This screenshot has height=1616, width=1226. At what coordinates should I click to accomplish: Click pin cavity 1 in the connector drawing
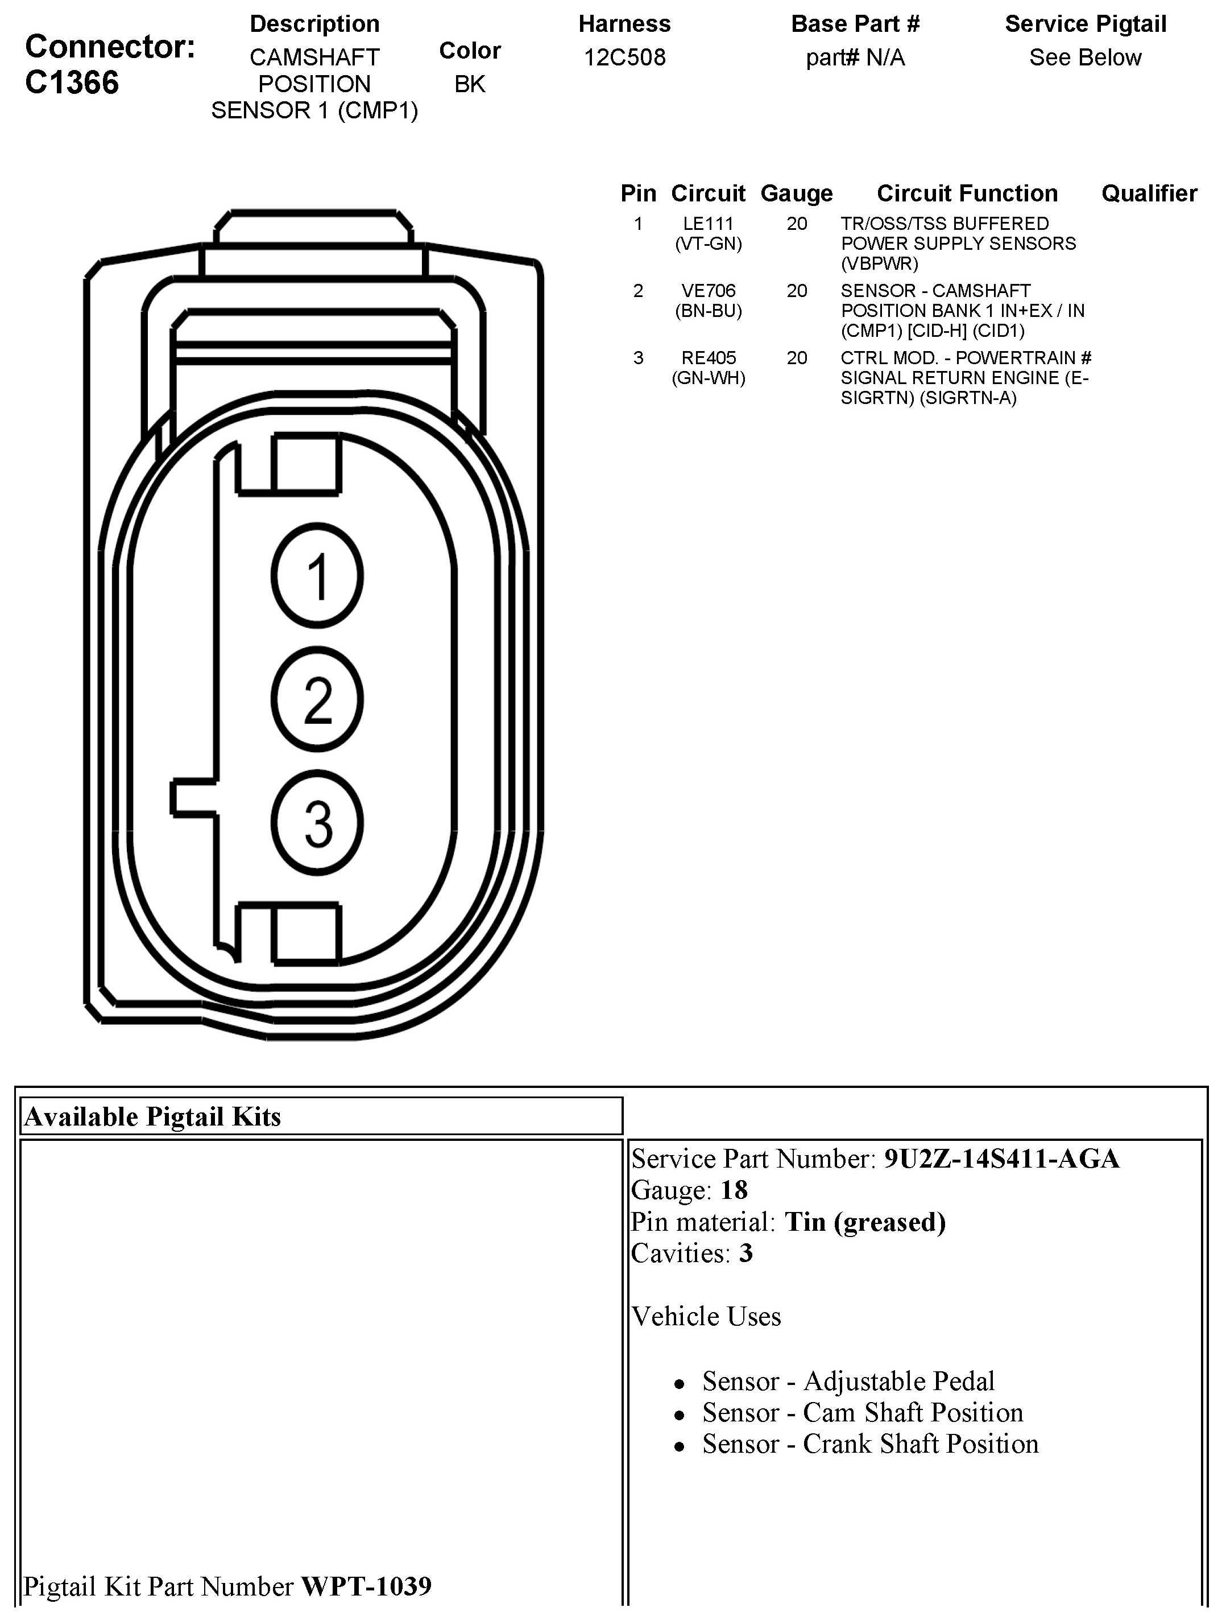(317, 576)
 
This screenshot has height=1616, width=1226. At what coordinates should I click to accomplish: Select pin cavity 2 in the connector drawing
(317, 699)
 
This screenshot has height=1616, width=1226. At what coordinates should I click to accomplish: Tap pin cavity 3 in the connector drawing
(317, 823)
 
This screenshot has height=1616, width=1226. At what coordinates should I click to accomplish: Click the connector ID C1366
(72, 83)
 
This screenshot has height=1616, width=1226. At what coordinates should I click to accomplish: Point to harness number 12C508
(624, 57)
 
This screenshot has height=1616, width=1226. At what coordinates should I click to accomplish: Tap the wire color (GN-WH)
(709, 378)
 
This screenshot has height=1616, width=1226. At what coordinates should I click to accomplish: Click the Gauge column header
(796, 193)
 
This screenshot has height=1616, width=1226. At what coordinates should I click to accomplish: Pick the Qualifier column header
(1149, 193)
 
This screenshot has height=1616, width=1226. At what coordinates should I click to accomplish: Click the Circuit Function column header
(967, 193)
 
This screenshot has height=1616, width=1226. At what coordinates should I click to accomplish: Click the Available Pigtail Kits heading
(152, 1117)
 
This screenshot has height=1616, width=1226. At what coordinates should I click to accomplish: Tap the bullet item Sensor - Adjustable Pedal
(848, 1382)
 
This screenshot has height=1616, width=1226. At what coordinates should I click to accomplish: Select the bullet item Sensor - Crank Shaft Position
(869, 1444)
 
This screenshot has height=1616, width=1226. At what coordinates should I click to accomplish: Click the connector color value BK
(470, 84)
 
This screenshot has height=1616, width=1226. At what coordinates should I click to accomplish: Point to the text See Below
(1085, 57)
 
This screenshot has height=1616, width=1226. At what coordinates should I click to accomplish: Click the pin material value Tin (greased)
(864, 1222)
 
